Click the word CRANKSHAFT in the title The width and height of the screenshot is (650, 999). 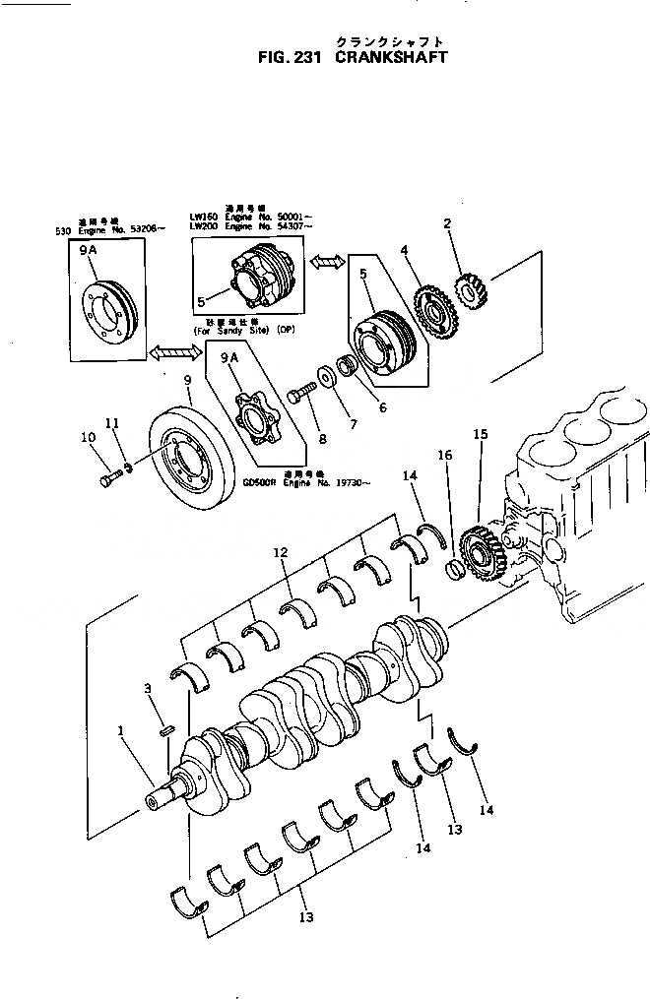pos(392,58)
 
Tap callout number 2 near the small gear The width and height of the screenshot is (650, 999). pos(447,224)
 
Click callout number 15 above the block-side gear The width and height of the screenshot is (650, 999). pos(480,433)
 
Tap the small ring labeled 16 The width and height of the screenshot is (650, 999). pos(455,571)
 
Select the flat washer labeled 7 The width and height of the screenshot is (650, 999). pos(323,379)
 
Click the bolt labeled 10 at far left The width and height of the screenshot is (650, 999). pos(108,480)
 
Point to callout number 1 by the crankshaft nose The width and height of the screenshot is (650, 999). pos(121,731)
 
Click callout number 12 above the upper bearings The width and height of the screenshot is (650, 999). pos(281,554)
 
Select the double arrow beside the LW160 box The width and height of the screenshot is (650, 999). pos(326,262)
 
